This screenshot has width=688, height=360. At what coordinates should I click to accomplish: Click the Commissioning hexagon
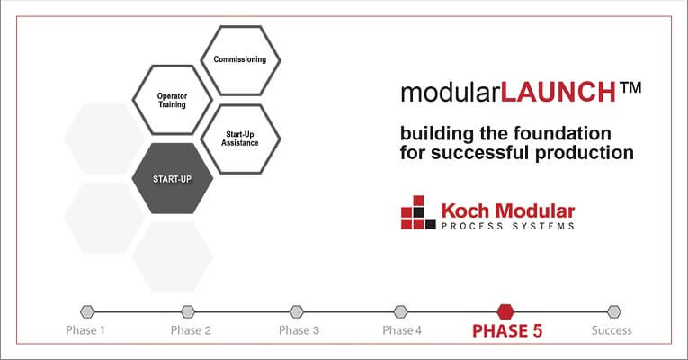[240, 60]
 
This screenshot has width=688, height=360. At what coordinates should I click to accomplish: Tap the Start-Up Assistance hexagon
[240, 138]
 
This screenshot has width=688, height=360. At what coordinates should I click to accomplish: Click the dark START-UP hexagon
[172, 177]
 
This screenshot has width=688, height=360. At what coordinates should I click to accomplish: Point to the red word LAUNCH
[558, 93]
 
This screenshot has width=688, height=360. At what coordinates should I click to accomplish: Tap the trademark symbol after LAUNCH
[630, 89]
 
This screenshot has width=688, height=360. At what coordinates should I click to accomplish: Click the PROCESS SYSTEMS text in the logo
[507, 227]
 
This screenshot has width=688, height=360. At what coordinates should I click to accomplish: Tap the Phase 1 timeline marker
[86, 311]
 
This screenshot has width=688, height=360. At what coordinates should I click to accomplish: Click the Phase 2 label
[191, 330]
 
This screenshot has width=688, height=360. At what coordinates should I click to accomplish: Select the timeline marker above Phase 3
[293, 311]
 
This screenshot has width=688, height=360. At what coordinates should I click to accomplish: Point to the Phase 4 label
[401, 330]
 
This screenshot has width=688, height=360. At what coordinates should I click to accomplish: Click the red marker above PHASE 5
[505, 310]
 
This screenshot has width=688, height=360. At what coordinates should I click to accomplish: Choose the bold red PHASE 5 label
[507, 330]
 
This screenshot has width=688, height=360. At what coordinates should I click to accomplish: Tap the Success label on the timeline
[612, 330]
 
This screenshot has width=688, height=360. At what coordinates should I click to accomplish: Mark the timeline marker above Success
[613, 311]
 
